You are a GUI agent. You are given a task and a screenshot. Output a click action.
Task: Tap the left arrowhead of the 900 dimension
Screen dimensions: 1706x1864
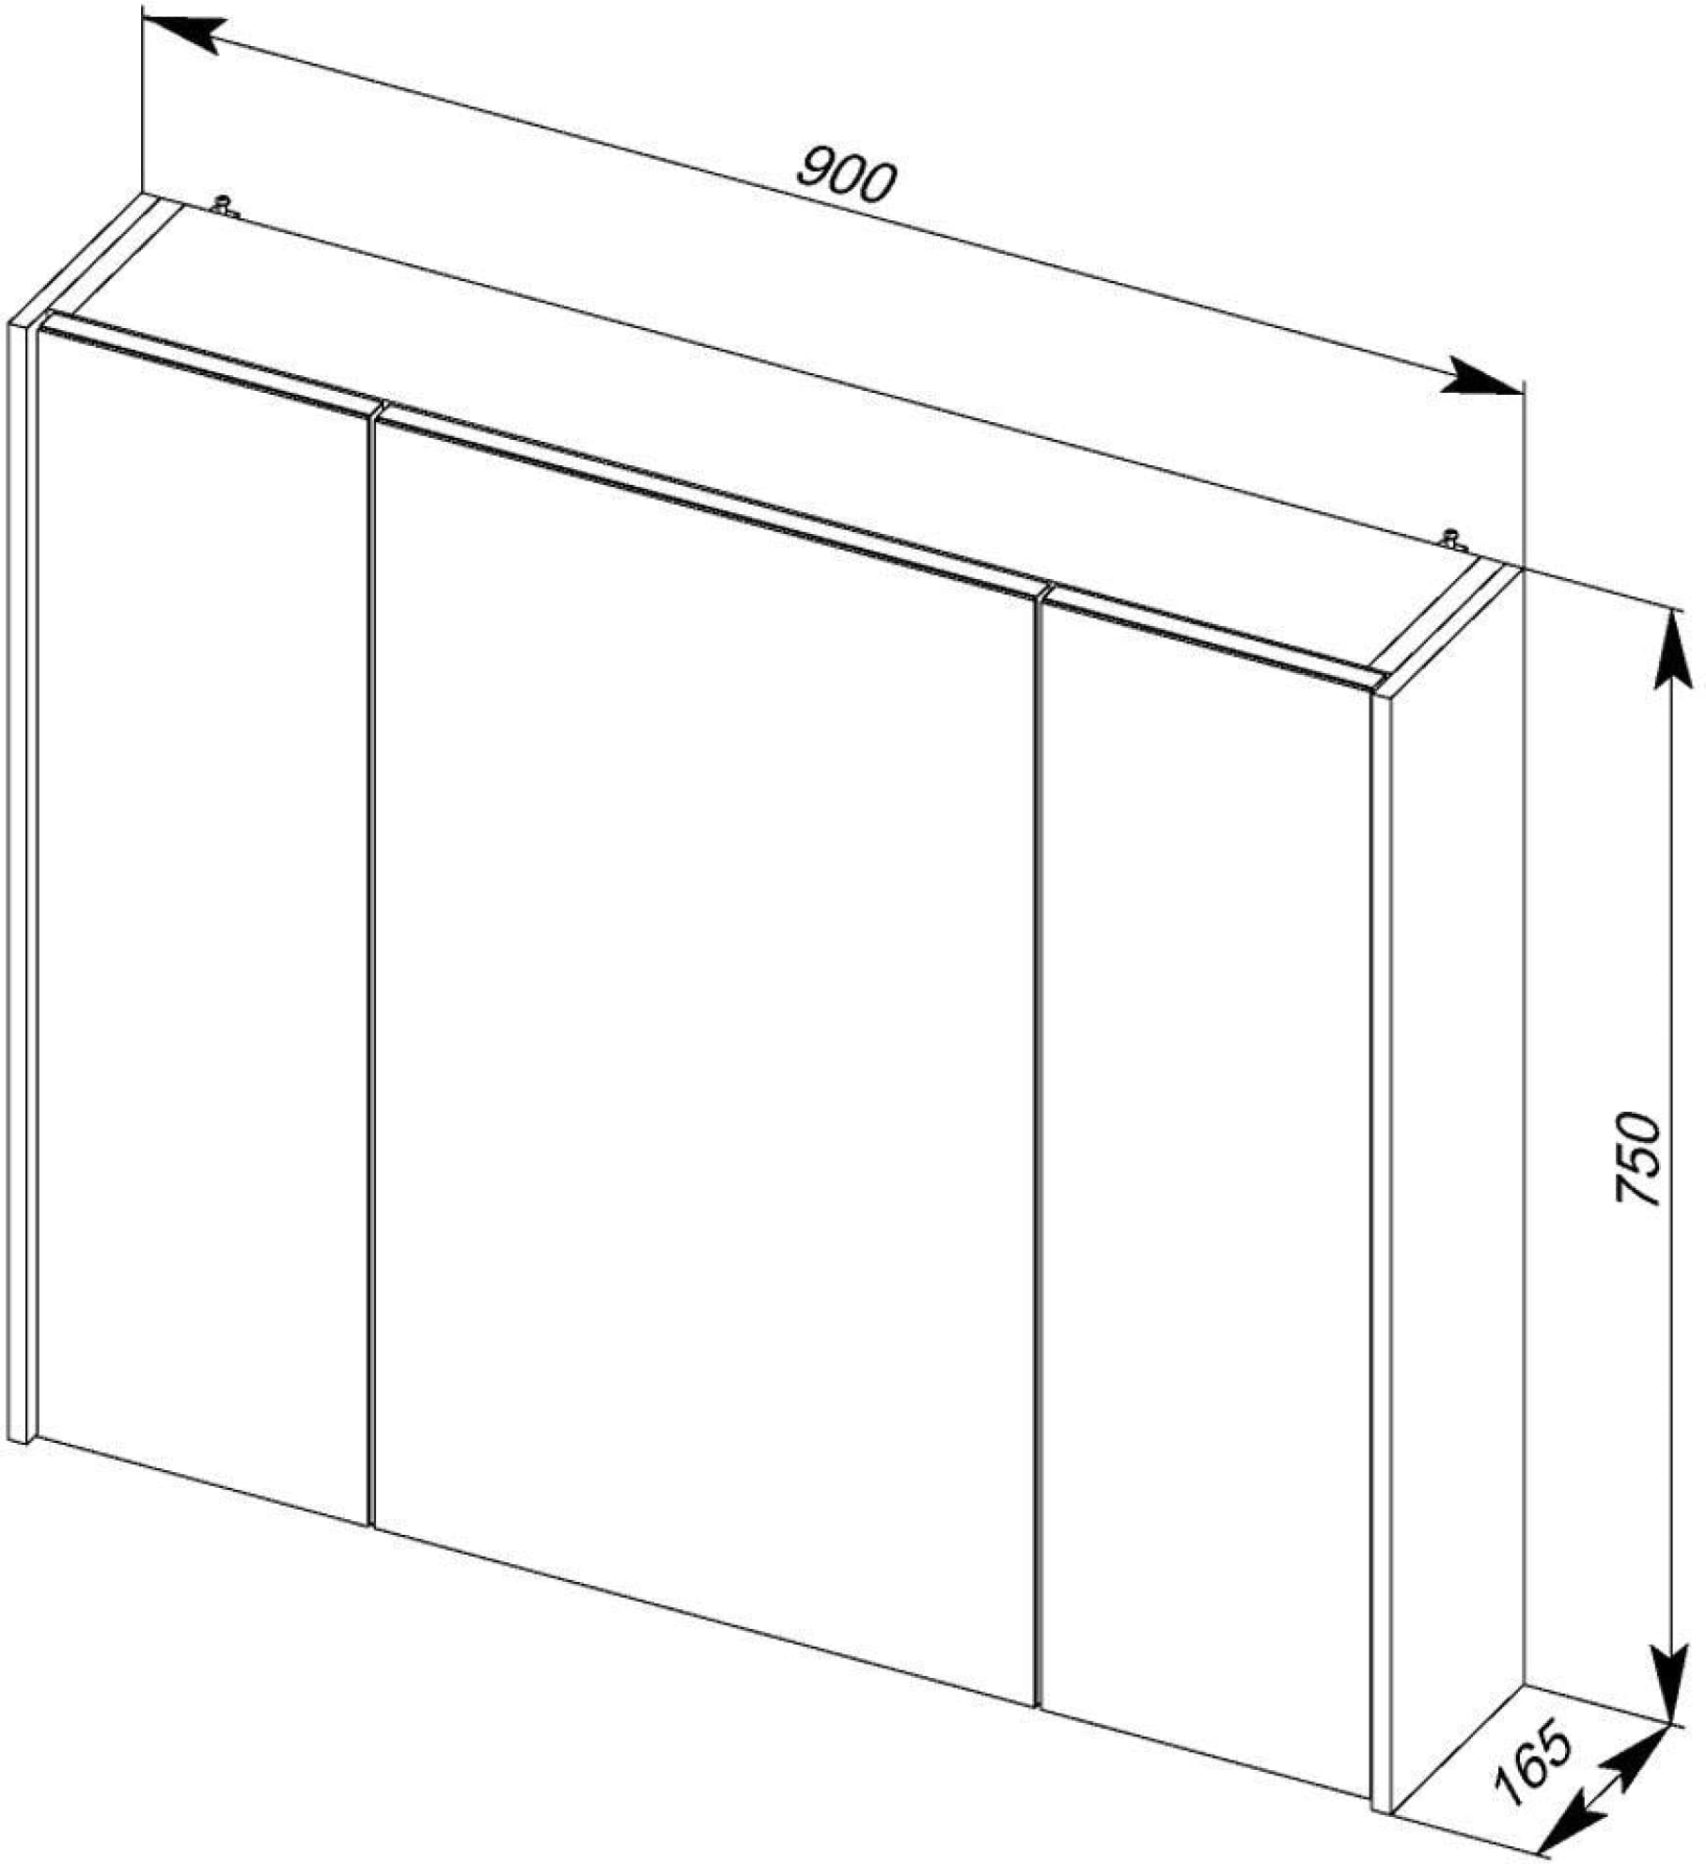(183, 35)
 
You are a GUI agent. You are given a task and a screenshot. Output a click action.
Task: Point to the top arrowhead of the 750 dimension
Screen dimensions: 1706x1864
(1669, 649)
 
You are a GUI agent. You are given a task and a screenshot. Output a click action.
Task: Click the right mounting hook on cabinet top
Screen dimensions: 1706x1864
(1452, 539)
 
